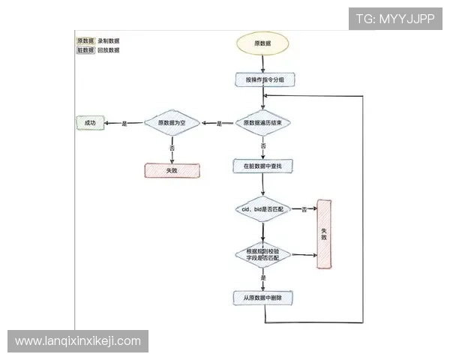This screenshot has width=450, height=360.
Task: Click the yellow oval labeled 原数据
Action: pos(262,43)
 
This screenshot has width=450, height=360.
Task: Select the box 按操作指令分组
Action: pos(263,79)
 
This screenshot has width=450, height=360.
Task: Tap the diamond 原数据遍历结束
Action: pos(263,122)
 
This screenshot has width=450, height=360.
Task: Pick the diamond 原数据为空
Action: pos(172,122)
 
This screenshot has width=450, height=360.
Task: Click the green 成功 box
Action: pos(90,122)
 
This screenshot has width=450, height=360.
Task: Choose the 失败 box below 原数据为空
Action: pos(172,170)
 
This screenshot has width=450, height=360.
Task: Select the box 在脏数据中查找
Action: pos(262,164)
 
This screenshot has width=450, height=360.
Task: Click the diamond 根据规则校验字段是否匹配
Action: pos(262,254)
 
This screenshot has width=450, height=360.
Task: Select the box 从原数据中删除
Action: pos(262,298)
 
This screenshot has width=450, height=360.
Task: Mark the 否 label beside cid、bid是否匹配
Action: pos(304,209)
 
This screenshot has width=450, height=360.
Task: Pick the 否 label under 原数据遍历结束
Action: pos(263,145)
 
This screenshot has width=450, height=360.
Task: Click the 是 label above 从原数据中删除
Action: pos(263,277)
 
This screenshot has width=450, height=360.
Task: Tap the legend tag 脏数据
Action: pos(85,50)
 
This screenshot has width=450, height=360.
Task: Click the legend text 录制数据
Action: pos(109,40)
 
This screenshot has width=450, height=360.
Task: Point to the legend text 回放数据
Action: pos(109,50)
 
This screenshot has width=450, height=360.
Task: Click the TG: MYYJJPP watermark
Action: pos(395,19)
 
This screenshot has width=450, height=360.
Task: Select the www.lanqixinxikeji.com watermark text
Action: pos(78,341)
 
